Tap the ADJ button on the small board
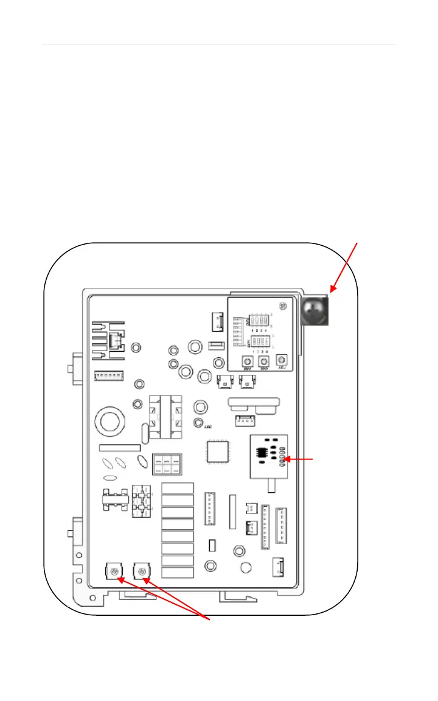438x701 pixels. coord(281,360)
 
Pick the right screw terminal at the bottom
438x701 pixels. coord(142,571)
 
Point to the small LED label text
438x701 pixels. coord(207,427)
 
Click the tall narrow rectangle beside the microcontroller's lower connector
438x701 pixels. coord(232,511)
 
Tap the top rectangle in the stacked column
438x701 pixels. coord(178,488)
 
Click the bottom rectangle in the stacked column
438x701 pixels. coord(178,573)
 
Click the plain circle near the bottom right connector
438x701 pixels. coord(246,568)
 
